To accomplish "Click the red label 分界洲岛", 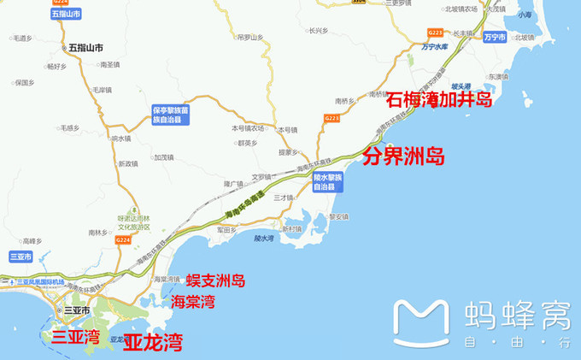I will point(404,156).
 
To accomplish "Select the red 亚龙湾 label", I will point(153,343).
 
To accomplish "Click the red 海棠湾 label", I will point(192,301).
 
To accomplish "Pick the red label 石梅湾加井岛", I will point(439,101).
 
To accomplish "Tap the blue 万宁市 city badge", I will point(493,38).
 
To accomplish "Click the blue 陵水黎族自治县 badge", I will point(328,182).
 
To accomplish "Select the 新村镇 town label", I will point(293,229).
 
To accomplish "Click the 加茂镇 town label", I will point(163,157).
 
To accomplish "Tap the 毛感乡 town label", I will point(68,128).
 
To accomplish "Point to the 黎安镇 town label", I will point(339,216).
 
